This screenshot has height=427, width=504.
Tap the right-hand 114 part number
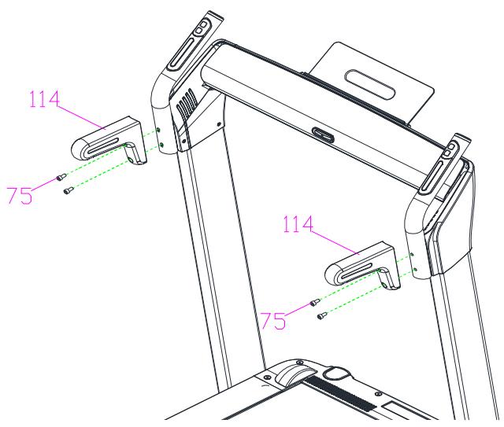point(298,224)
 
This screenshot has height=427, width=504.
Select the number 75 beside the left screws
point(20,195)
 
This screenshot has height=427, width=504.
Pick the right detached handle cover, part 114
point(362,266)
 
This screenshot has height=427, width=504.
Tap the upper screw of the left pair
point(61,177)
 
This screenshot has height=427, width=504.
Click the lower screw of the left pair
point(69,190)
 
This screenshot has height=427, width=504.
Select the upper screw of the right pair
point(315,302)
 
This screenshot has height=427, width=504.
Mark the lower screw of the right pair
point(322,316)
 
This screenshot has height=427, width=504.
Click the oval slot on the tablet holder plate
point(369,84)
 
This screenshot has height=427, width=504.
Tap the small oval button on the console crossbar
point(323,134)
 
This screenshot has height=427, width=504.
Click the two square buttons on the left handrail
point(201,28)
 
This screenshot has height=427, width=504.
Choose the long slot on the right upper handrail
point(432,175)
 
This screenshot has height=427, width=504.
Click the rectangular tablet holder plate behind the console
point(369,84)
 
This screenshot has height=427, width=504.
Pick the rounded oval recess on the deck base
point(336,373)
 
